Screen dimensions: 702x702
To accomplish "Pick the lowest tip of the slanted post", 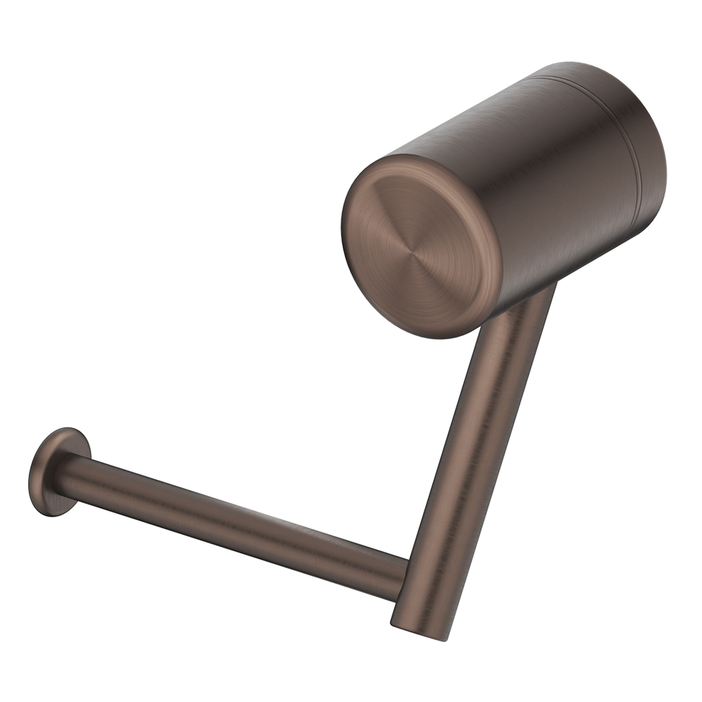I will coord(447,641).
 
